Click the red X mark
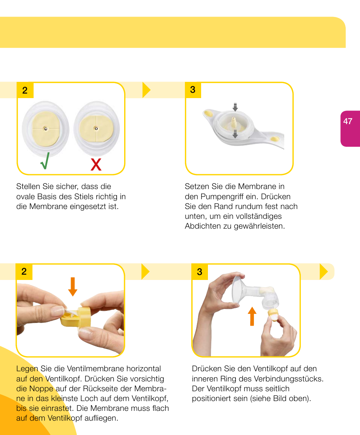click(96, 164)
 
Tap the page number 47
click(348, 121)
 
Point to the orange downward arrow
click(72, 287)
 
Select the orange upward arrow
click(252, 316)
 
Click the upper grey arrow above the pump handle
click(235, 107)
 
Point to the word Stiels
click(84, 197)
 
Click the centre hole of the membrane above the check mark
click(46, 129)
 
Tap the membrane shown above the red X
click(97, 128)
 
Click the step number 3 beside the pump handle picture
click(193, 90)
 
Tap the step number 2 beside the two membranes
click(25, 90)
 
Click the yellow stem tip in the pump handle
click(234, 121)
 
